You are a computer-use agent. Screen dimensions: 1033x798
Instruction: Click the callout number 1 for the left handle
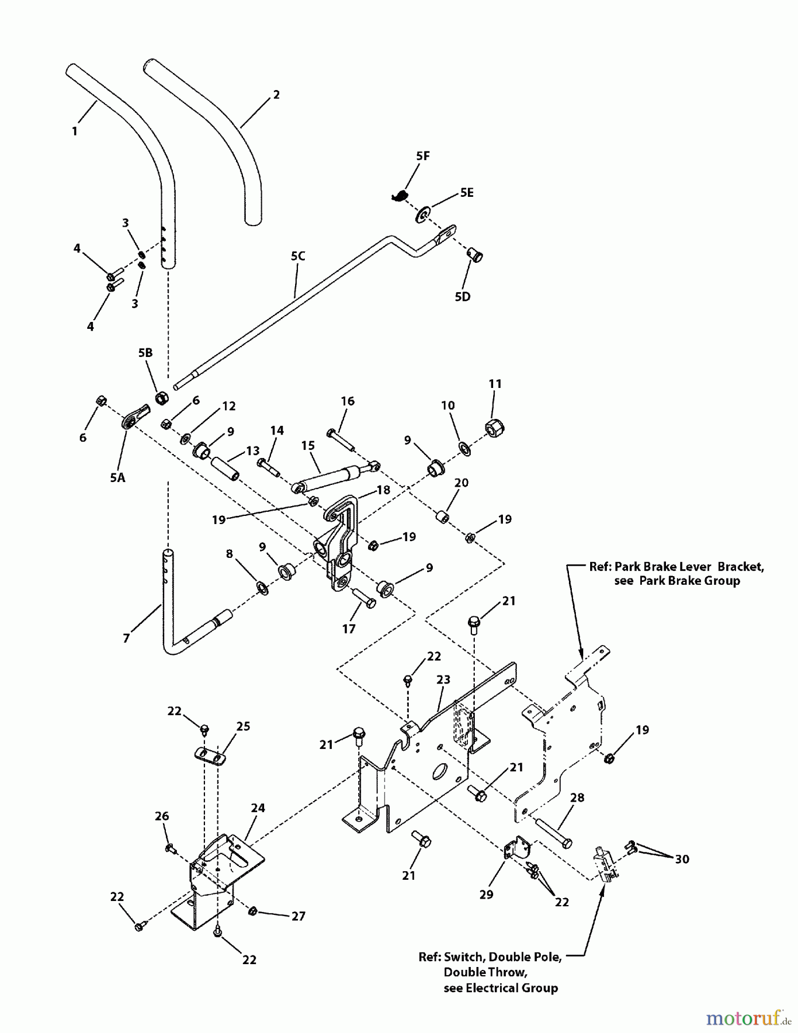75,131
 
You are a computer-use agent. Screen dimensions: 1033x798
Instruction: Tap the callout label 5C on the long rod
297,256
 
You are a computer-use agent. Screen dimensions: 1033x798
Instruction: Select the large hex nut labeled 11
495,427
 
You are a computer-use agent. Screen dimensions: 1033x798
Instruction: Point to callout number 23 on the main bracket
443,679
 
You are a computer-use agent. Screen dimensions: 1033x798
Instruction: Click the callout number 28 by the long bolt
577,798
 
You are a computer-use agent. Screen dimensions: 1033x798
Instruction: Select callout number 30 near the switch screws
682,859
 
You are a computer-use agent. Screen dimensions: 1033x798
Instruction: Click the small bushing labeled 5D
475,254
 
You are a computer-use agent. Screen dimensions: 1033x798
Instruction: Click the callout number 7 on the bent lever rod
126,638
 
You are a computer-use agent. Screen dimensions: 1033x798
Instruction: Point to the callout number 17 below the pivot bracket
349,629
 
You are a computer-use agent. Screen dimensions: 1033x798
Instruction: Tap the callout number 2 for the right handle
276,95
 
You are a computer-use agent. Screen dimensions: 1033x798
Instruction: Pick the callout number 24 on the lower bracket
258,808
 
